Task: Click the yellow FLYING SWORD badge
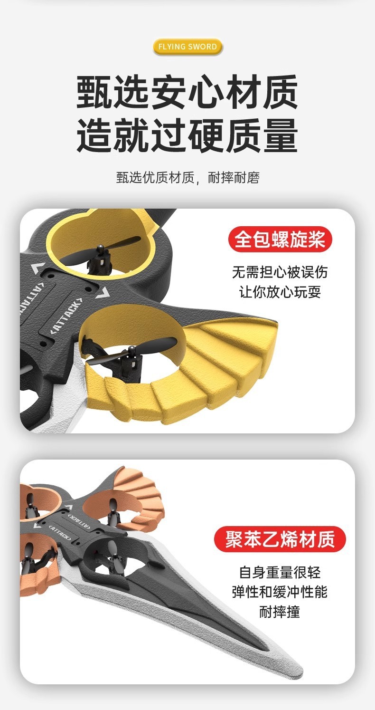click(x=187, y=47)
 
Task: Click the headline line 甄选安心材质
click(x=187, y=93)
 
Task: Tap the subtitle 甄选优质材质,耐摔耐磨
click(x=187, y=178)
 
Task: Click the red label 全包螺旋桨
click(x=280, y=239)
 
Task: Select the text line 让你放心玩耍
click(x=280, y=292)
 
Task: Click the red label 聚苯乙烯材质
click(x=280, y=539)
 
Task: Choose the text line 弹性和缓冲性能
click(x=280, y=592)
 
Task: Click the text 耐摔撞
click(x=280, y=612)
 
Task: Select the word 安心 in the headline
click(x=187, y=93)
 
